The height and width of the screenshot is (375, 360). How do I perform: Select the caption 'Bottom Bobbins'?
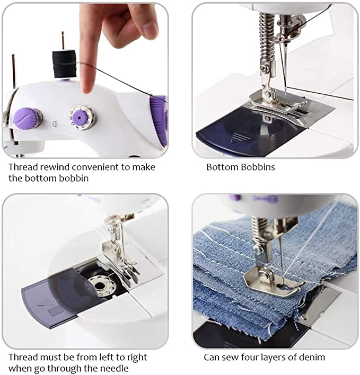click(240, 167)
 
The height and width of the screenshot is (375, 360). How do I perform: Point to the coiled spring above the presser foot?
click(265, 37)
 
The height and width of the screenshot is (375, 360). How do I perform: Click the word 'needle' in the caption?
click(111, 369)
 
